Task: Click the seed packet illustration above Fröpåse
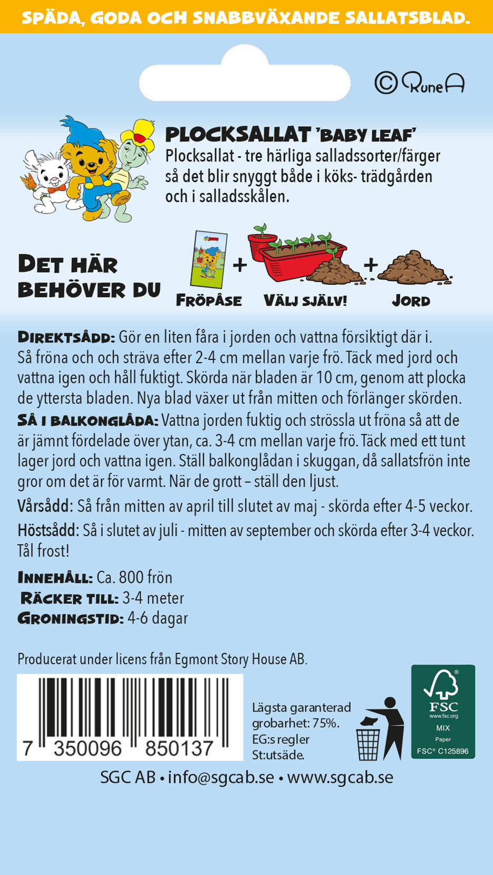209,260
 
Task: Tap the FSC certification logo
443,711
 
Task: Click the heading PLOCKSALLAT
238,135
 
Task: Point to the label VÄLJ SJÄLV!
305,301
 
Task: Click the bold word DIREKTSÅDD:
66,337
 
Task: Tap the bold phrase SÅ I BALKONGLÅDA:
88,421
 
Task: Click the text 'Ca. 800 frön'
134,577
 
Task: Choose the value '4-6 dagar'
158,618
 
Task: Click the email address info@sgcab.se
221,777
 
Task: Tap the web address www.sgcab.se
340,777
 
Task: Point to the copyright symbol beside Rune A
386,83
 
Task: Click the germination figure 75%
325,723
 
